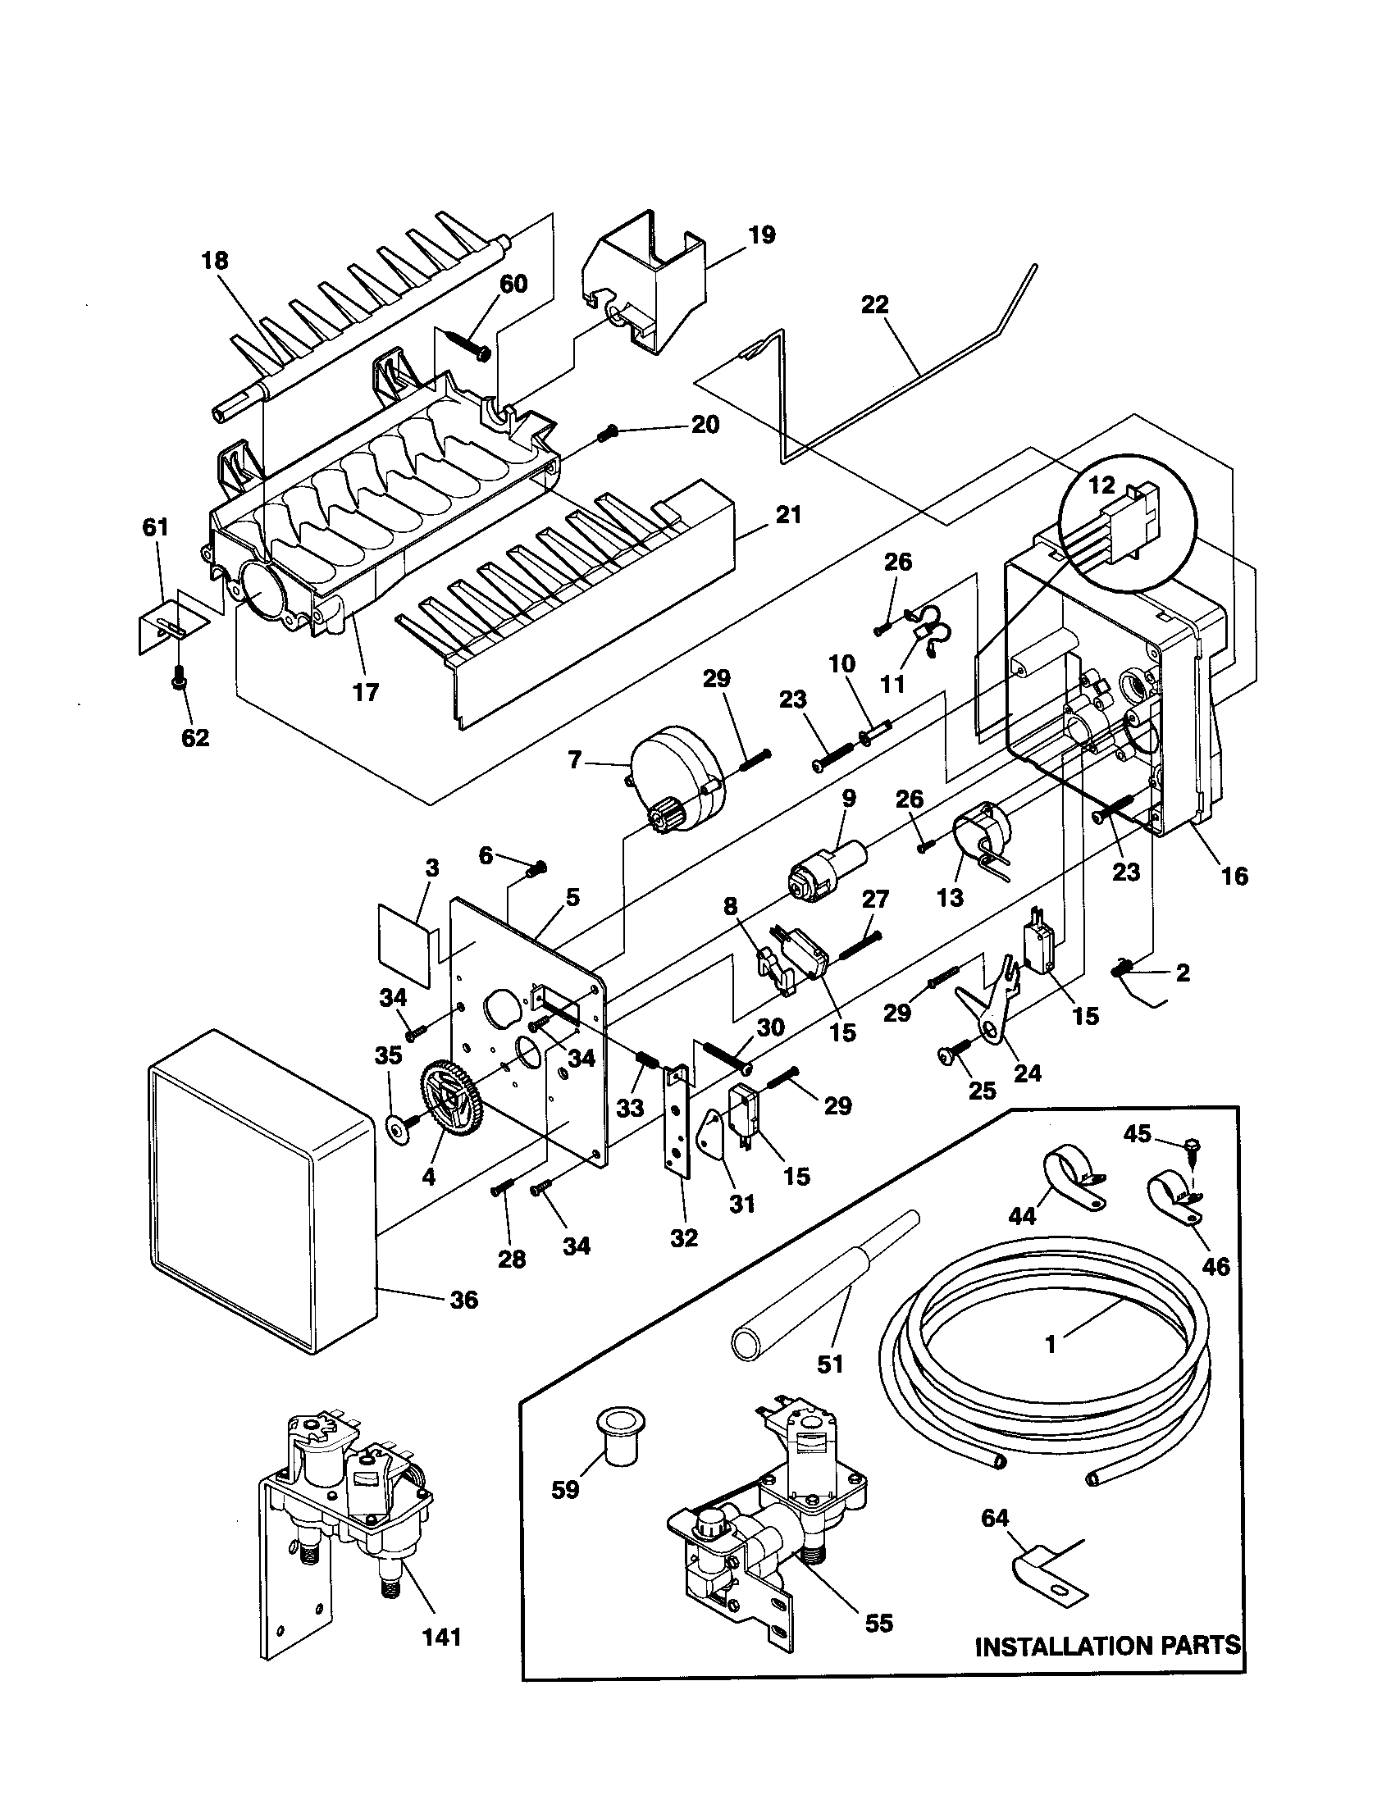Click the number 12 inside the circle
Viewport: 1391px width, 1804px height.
point(1102,485)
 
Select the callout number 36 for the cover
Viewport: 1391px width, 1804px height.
point(464,1300)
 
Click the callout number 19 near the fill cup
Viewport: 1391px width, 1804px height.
point(762,235)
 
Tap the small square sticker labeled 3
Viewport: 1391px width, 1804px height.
point(404,943)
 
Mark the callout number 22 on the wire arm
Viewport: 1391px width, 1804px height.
point(874,305)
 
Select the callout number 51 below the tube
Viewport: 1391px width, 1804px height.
point(830,1364)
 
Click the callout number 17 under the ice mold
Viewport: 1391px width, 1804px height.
point(365,691)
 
